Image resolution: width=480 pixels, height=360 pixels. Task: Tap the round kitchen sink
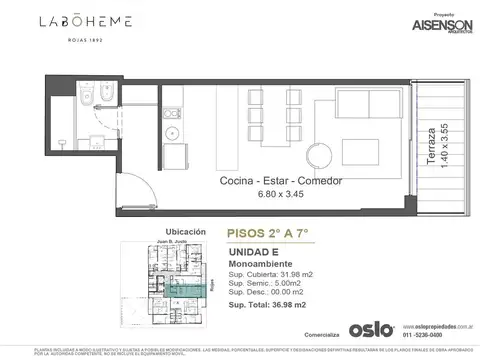172,133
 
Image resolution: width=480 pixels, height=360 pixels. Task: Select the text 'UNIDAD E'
253,252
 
